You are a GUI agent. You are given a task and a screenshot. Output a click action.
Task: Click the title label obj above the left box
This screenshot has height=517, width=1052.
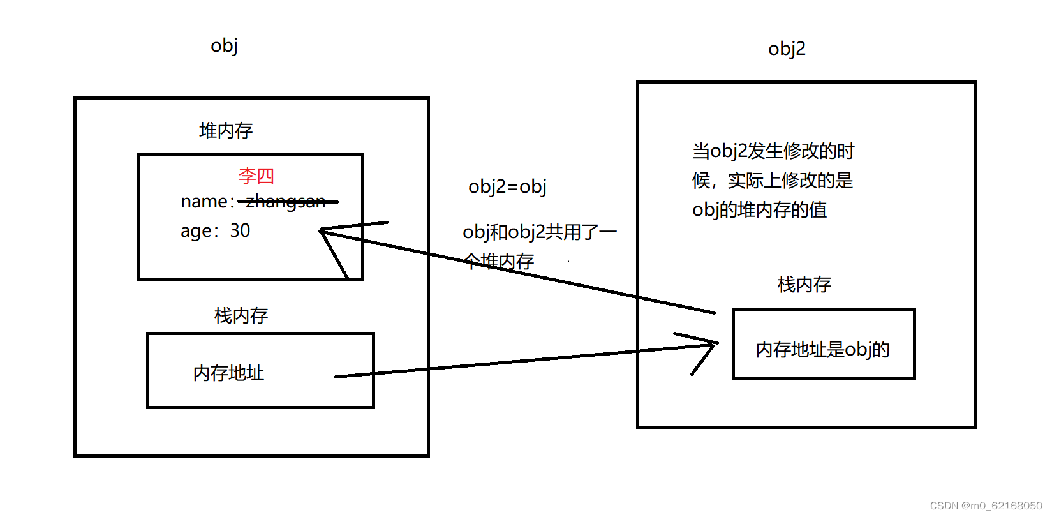point(224,46)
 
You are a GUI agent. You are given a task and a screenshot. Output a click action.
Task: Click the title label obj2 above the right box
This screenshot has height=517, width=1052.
point(787,49)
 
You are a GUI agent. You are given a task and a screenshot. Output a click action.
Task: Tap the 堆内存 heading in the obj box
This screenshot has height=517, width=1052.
point(226,131)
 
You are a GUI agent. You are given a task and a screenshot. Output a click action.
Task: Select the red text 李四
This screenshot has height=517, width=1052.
point(256,176)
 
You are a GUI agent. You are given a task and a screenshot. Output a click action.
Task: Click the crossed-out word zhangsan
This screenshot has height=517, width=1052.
point(286,202)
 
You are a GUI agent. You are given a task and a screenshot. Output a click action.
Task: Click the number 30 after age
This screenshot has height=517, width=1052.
point(240,230)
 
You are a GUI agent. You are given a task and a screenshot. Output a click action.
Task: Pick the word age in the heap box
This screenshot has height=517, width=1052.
point(196,231)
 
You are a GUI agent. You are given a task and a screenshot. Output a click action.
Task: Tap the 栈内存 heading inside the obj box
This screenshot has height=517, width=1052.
point(241,315)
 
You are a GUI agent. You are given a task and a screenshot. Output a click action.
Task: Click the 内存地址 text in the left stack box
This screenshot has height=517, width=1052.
point(228,373)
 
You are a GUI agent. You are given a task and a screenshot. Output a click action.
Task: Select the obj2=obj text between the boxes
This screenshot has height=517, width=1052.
point(507,186)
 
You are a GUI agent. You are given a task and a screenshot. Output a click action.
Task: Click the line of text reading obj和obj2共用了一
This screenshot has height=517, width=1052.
point(540,232)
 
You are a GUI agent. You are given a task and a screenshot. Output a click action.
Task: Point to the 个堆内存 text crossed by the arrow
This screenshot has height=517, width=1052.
point(499,261)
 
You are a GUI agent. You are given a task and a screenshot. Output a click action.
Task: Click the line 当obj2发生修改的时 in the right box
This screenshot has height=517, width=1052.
point(773,151)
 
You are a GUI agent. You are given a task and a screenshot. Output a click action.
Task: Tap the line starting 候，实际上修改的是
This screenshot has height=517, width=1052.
point(772,181)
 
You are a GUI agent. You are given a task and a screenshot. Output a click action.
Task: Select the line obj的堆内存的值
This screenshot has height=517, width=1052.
point(759,210)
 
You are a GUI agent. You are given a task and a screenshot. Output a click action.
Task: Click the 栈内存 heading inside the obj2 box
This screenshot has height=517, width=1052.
point(804,285)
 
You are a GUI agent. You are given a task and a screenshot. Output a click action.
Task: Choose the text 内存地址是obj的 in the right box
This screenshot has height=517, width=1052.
point(822,350)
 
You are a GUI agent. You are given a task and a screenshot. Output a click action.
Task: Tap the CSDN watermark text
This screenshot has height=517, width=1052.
point(986,506)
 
